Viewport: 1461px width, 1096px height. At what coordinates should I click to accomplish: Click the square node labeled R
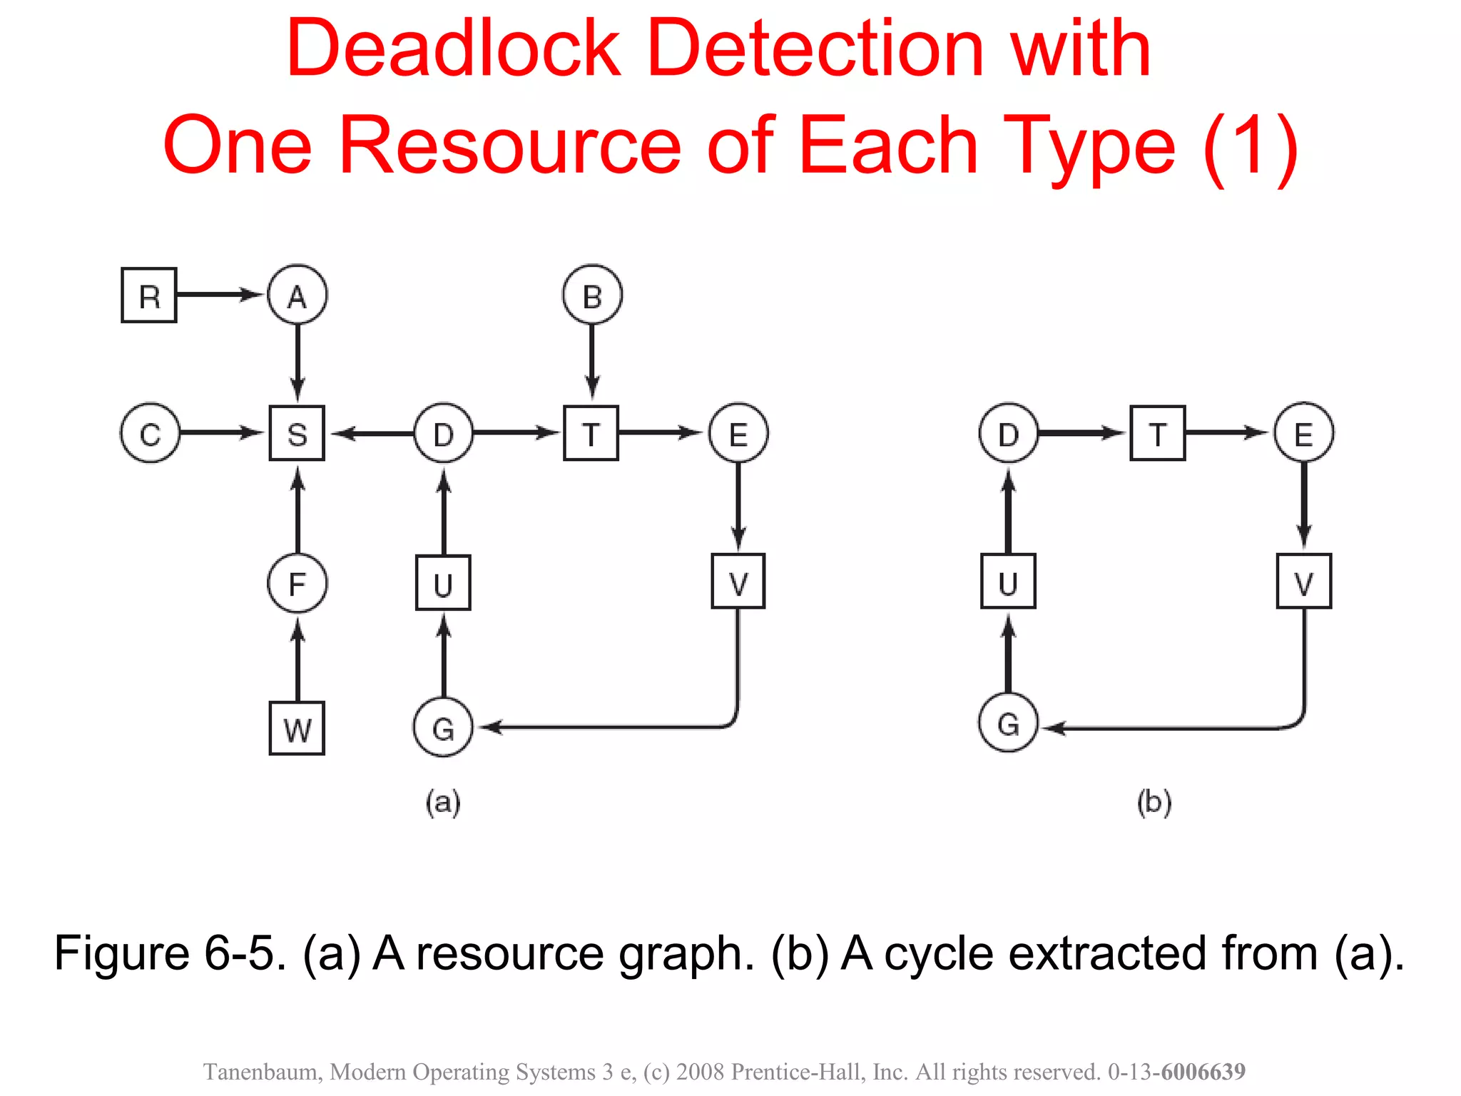pos(148,295)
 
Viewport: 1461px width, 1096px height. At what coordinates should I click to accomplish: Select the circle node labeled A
pos(297,295)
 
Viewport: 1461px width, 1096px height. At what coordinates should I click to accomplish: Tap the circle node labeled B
pos(592,295)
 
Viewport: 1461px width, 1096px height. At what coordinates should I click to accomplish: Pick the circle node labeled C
pos(150,433)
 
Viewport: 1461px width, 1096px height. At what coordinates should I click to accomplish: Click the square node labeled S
pos(297,433)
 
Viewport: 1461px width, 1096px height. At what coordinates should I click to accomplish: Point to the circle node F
pos(297,584)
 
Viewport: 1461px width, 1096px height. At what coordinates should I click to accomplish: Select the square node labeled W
pos(297,729)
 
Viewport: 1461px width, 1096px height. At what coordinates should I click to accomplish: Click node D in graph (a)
pos(444,433)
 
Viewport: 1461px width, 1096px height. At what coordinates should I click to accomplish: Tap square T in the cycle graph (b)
pos(1157,433)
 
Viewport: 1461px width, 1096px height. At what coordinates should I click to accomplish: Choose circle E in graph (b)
pos(1303,433)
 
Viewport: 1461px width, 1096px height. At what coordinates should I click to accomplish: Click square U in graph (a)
pos(443,584)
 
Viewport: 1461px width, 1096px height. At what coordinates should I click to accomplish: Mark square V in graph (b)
pos(1303,582)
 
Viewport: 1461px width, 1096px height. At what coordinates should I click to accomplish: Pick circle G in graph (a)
pos(443,728)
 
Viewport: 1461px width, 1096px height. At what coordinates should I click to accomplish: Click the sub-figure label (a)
pos(443,802)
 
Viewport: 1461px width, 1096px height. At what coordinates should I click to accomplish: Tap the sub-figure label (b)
pos(1154,802)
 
